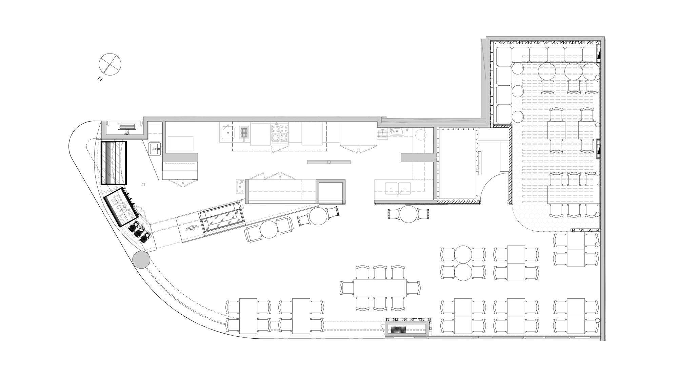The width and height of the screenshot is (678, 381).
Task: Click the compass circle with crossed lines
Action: tap(110, 64)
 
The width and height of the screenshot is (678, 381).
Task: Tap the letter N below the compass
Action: tap(100, 79)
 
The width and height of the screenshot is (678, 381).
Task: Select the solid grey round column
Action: tap(141, 260)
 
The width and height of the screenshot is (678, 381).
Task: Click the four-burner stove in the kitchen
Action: tap(279, 133)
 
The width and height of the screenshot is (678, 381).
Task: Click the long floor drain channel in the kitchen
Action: tap(329, 162)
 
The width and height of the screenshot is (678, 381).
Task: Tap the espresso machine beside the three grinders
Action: tap(121, 207)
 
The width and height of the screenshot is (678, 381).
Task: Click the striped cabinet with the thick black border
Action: tap(114, 163)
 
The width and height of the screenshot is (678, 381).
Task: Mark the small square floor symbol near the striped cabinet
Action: tap(143, 185)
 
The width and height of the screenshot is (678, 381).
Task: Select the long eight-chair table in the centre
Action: tap(380, 288)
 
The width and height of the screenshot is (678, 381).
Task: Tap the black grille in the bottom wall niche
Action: tap(398, 330)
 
